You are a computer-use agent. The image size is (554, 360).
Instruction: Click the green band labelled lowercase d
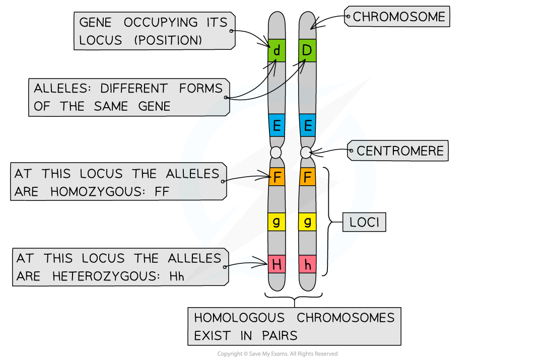point(276,50)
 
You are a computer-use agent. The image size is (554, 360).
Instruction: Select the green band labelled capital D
point(307,50)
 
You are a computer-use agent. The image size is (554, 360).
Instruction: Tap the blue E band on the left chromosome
point(276,125)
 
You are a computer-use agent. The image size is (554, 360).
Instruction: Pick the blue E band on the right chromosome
point(307,125)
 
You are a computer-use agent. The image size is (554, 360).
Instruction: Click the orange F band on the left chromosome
point(276,177)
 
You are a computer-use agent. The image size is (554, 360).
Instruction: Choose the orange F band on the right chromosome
point(307,177)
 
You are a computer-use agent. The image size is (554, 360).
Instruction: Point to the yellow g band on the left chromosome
point(276,221)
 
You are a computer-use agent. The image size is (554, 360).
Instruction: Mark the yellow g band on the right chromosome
point(307,221)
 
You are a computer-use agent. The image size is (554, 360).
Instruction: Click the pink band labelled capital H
point(276,264)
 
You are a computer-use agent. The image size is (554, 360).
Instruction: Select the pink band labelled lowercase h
point(307,264)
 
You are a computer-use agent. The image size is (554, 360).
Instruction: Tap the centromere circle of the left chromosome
point(275,152)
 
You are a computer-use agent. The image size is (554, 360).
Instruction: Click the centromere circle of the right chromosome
point(306,152)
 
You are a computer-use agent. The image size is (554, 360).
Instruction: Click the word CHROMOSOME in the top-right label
point(399,17)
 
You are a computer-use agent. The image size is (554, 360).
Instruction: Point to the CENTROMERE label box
point(400,151)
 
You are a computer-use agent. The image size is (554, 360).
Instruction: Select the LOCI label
point(364,222)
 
